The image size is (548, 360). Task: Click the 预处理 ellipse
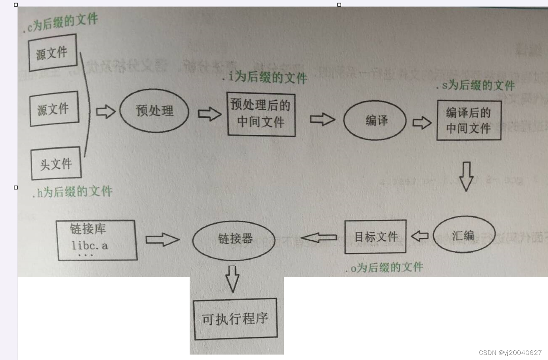[154, 111]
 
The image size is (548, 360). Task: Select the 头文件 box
[56, 163]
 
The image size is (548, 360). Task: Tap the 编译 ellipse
[375, 121]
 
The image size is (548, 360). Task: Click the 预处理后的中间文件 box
[261, 114]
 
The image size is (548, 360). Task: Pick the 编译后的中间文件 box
[468, 120]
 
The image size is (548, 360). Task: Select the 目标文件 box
[375, 237]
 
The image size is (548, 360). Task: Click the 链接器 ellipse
[234, 239]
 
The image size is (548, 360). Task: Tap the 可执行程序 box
[234, 319]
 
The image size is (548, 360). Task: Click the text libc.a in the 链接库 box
[89, 245]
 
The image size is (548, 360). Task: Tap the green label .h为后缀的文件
[72, 192]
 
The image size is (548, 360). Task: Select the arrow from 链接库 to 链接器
[162, 239]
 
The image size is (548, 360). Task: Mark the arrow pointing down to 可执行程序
[232, 279]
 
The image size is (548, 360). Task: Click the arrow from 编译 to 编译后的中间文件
[422, 122]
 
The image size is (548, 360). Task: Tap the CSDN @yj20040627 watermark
[510, 353]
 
